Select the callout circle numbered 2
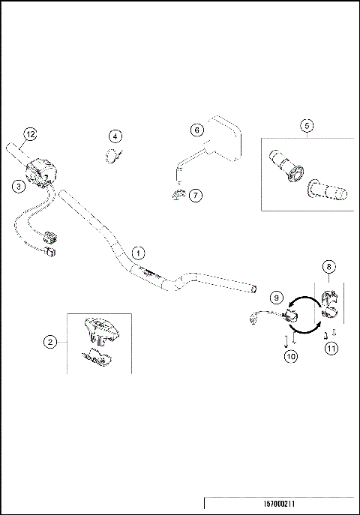pyautogui.click(x=50, y=342)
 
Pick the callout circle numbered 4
pyautogui.click(x=115, y=136)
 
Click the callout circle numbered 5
pyautogui.click(x=307, y=126)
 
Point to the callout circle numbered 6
pyautogui.click(x=197, y=130)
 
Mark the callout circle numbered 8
pyautogui.click(x=328, y=266)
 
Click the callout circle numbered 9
pyautogui.click(x=276, y=298)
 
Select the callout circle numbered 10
pyautogui.click(x=291, y=356)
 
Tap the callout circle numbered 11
pyautogui.click(x=330, y=347)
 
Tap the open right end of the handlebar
pyautogui.click(x=253, y=287)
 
